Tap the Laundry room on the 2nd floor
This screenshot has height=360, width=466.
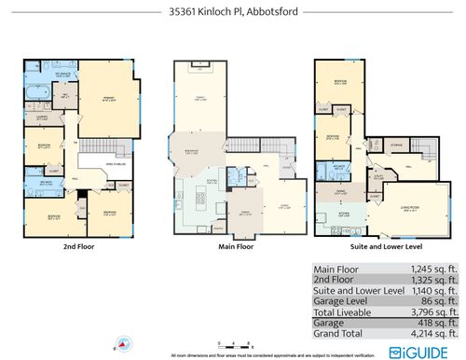point(42,118)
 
